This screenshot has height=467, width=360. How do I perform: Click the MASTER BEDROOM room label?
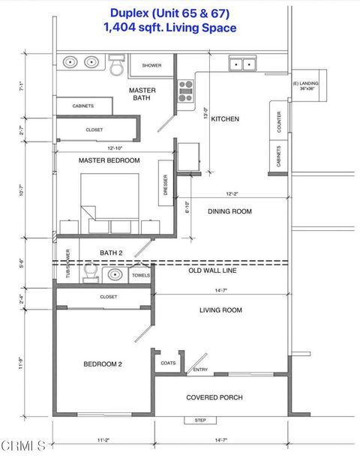[x=109, y=160]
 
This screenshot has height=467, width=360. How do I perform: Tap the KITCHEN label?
[x=225, y=119]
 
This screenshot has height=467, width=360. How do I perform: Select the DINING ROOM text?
[x=229, y=211]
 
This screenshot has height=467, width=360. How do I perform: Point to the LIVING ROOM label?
[x=220, y=310]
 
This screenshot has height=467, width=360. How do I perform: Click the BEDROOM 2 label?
[x=102, y=364]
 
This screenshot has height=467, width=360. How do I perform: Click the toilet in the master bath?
[x=116, y=66]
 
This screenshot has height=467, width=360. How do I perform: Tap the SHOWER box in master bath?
[x=151, y=65]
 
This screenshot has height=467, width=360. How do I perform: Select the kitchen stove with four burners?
[x=185, y=91]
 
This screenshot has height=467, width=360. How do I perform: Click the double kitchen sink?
[x=241, y=64]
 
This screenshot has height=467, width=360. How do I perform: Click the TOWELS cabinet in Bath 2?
[x=140, y=275]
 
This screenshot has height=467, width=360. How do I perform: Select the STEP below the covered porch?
[x=200, y=420]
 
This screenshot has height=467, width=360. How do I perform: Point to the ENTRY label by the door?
[x=201, y=369]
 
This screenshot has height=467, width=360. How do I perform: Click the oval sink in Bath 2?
[x=115, y=275]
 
